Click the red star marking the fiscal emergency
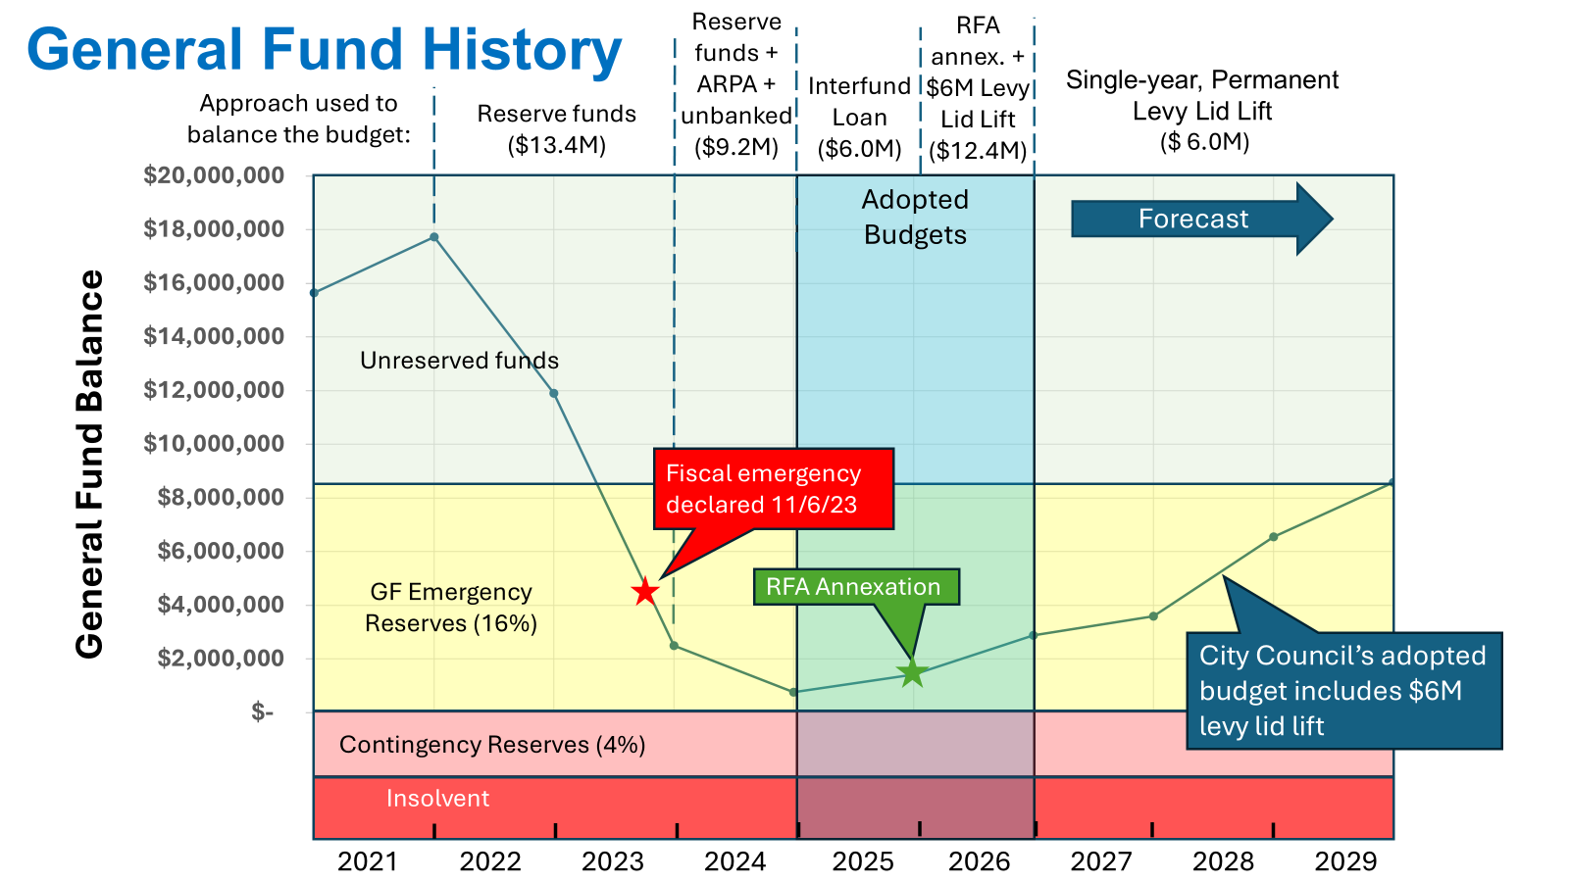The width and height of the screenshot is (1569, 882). tap(644, 592)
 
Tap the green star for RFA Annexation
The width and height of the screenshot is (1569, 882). tap(913, 672)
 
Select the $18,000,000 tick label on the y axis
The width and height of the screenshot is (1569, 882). tap(214, 229)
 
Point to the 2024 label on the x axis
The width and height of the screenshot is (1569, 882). tap(734, 861)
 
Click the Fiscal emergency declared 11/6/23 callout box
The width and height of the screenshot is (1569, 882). tap(773, 489)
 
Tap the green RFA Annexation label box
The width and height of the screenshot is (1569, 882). tap(854, 587)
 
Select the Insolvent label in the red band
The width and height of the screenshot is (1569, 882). tap(437, 799)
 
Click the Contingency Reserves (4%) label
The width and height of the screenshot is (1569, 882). tap(492, 745)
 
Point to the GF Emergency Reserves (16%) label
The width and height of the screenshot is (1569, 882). tap(451, 608)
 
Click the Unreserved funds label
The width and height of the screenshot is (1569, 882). tap(459, 361)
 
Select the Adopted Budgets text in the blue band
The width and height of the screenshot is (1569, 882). tap(915, 218)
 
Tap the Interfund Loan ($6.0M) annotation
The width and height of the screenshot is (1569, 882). tap(859, 118)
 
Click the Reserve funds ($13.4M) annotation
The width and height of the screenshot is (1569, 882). tap(556, 129)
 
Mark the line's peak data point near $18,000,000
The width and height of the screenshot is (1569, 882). tap(433, 237)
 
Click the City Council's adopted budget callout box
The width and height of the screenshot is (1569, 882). tap(1342, 691)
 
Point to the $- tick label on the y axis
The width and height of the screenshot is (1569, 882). tap(262, 712)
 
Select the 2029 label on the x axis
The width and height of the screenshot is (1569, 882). tap(1345, 861)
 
